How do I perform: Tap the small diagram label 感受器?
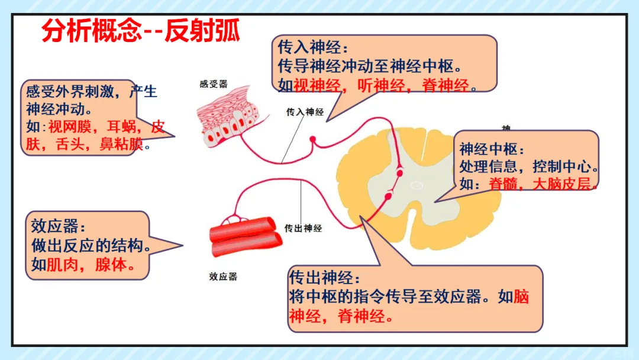214,85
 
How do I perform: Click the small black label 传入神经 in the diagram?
305,111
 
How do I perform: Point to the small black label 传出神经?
303,229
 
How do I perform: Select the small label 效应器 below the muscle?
223,276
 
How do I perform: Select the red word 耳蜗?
121,127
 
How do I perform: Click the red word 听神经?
382,85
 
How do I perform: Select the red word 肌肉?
62,264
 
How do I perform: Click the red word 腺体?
111,264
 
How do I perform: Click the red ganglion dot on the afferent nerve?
313,140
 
